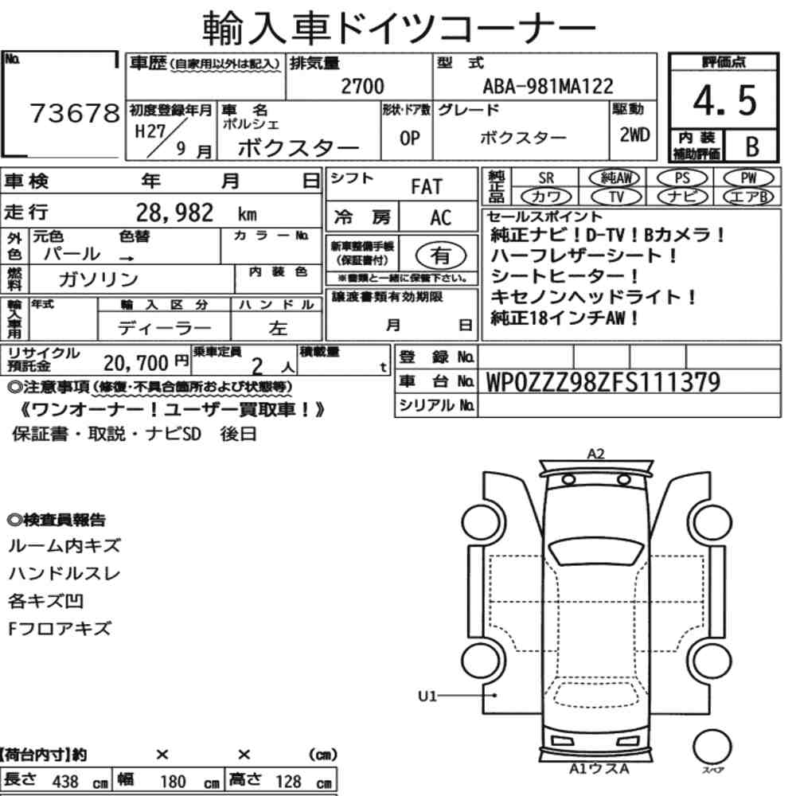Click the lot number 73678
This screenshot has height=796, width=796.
coord(75,113)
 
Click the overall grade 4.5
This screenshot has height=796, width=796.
coord(724,100)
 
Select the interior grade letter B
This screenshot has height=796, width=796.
coord(752,146)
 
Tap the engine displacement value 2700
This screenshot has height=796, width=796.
coord(362,86)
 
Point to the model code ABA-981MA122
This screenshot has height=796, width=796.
coord(548,86)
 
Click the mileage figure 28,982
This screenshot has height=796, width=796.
coord(174,213)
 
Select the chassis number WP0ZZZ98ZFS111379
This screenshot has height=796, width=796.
coord(603,382)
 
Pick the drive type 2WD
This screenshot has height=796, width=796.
coord(634,135)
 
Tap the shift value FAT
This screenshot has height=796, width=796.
coord(427,186)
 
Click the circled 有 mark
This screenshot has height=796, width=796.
coord(441,256)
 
